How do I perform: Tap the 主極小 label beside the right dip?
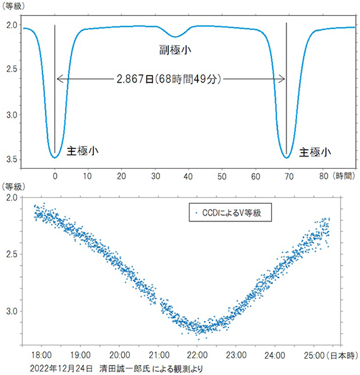pos(315,151)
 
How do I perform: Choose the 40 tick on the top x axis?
pos(188,175)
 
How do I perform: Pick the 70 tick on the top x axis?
pos(288,175)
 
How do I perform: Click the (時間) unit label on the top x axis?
pos(344,175)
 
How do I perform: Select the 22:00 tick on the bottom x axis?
pos(197,355)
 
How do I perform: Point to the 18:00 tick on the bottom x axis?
pos(43,355)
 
